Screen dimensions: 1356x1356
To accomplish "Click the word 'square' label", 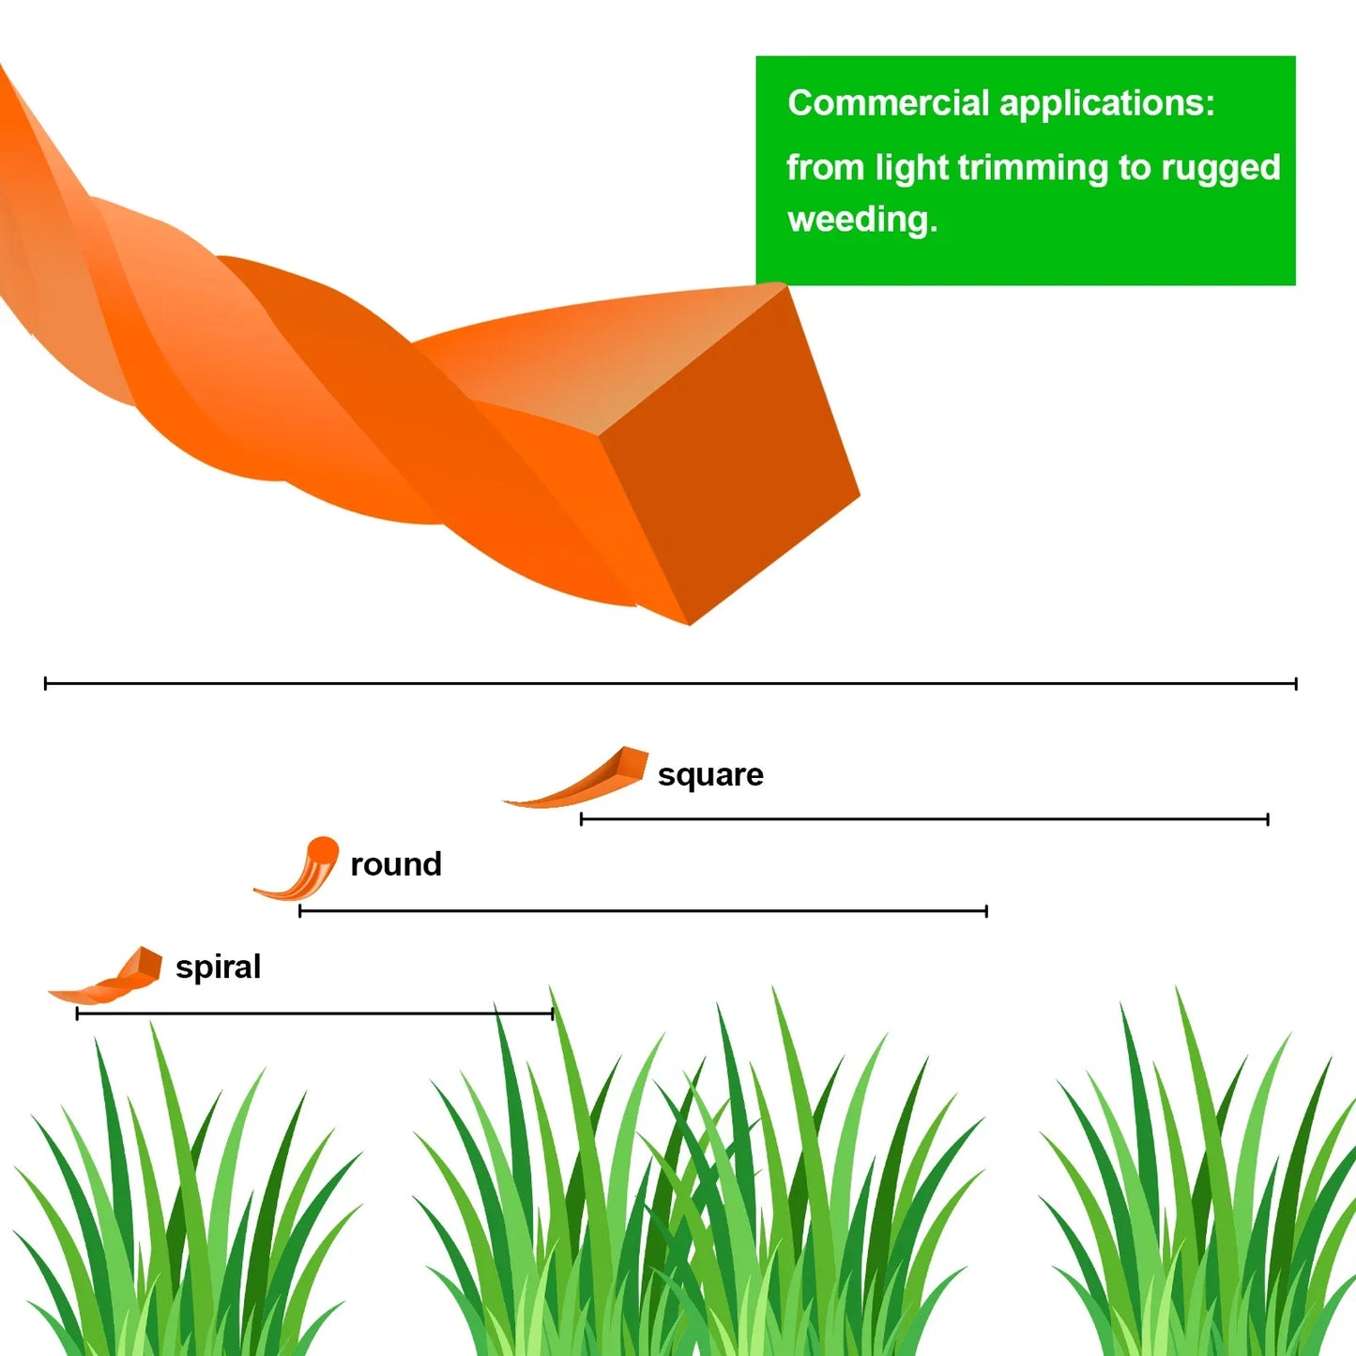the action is click(710, 775).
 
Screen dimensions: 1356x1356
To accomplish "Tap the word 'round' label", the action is click(396, 864).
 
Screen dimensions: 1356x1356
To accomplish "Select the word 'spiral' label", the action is click(218, 967).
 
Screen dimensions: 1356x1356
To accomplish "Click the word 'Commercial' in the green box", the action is click(889, 103).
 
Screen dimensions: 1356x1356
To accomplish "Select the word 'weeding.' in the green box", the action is click(862, 220).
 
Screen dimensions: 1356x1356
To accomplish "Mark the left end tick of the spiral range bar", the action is click(77, 1013).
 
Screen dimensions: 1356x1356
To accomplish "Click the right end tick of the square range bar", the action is click(1268, 819).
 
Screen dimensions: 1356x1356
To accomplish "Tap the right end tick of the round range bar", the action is click(986, 911).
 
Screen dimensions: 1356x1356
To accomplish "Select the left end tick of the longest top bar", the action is click(45, 683).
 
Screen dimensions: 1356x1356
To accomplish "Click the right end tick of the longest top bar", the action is click(1296, 683).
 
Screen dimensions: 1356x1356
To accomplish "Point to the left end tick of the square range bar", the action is click(581, 819).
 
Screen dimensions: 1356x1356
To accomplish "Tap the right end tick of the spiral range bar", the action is click(553, 1013).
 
